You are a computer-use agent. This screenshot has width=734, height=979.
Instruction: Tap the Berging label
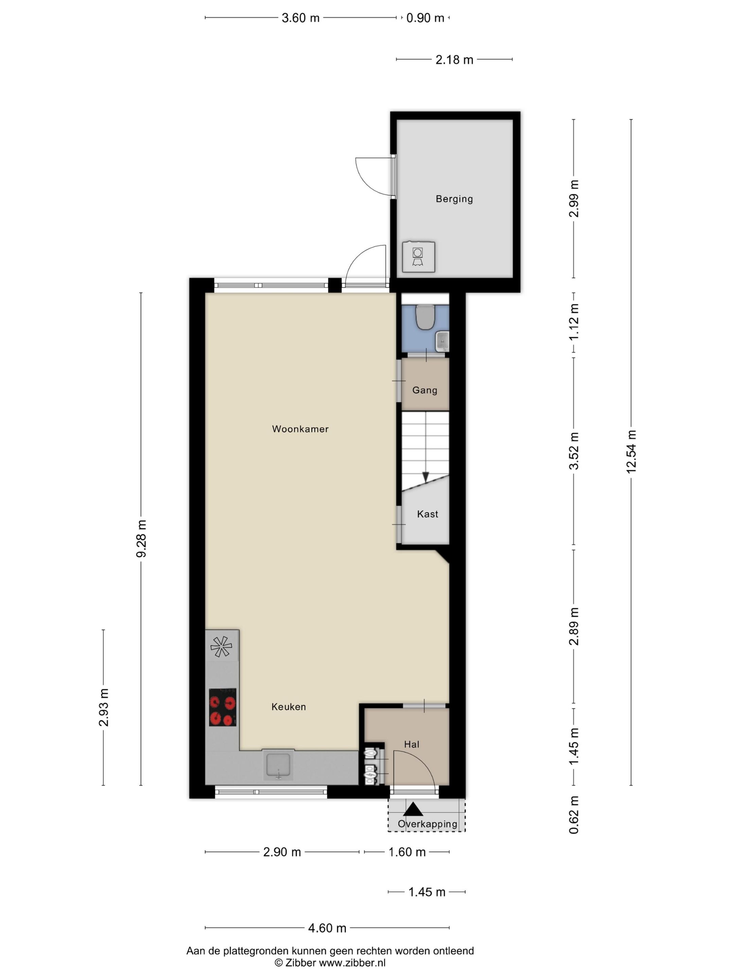coord(454,199)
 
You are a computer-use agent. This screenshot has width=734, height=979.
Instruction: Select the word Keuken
coord(289,707)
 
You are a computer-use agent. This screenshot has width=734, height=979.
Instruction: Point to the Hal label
coord(412,744)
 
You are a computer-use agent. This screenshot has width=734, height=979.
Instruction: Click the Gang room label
coord(425,390)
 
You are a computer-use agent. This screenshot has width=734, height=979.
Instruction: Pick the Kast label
coord(427,514)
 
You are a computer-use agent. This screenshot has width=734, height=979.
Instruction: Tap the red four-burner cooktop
coord(223,707)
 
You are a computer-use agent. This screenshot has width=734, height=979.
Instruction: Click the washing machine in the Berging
coord(418,257)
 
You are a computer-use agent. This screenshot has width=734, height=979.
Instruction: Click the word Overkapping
coord(427,824)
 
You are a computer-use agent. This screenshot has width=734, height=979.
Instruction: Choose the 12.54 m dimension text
coord(631,451)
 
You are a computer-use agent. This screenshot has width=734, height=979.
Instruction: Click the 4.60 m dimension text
coord(327,928)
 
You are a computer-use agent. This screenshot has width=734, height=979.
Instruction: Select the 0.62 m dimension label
coord(574,815)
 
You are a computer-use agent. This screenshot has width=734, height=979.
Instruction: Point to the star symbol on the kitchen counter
coord(221,647)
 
